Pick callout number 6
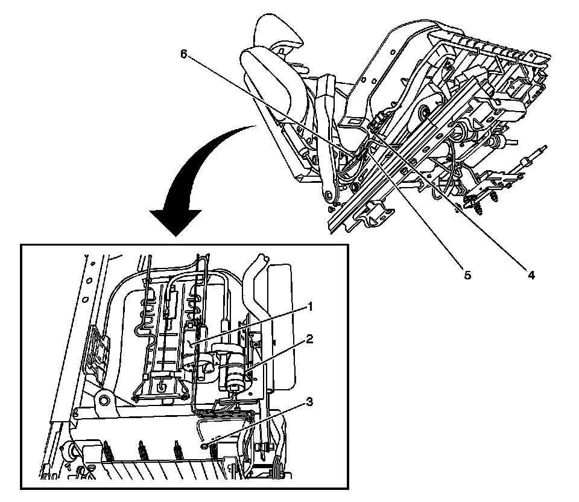pyautogui.click(x=185, y=53)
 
